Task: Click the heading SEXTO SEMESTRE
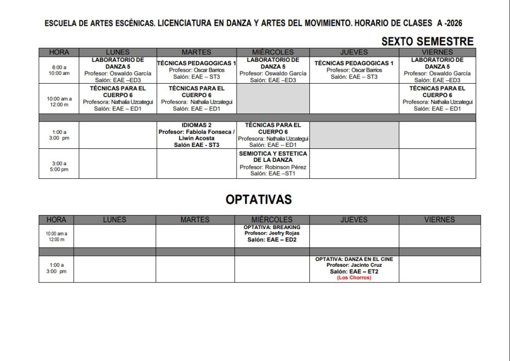click(427, 41)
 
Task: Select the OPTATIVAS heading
click(258, 200)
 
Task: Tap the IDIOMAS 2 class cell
click(196, 135)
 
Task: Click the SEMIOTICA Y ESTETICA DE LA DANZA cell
click(273, 163)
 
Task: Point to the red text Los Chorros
click(354, 278)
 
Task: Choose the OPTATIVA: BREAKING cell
click(272, 234)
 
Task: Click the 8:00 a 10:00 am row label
click(59, 70)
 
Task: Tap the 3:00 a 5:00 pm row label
click(59, 166)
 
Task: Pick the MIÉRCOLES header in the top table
click(273, 52)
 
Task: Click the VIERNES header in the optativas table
click(439, 220)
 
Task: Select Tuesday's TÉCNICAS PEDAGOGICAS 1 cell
click(196, 70)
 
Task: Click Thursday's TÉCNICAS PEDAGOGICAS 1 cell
click(354, 70)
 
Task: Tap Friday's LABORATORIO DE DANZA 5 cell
click(437, 70)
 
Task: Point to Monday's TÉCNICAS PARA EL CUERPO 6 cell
click(118, 99)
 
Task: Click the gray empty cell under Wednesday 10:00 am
click(273, 99)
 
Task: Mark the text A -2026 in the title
click(450, 23)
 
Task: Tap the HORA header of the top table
click(59, 52)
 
